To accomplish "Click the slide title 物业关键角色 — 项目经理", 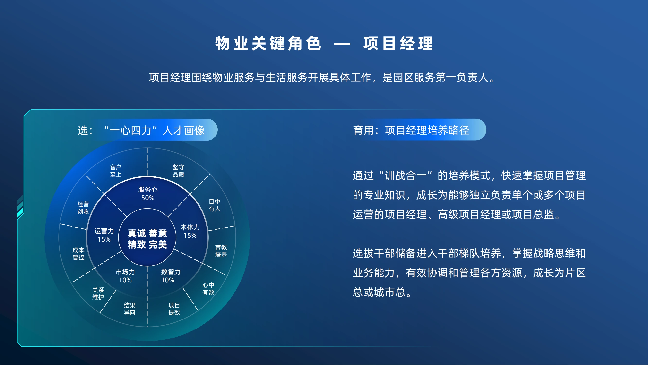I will tap(324, 43).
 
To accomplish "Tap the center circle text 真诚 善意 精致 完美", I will tap(147, 239).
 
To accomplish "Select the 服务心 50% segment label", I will tap(148, 193).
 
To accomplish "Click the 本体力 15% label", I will tap(190, 231).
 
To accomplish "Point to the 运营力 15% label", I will tap(104, 235).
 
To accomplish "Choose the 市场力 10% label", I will tap(125, 276).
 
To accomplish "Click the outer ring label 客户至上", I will tap(116, 171).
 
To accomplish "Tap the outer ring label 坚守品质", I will tap(178, 171).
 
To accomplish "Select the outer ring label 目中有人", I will tap(214, 205).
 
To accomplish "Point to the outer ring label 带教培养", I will tap(221, 251).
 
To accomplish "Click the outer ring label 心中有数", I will tap(208, 288).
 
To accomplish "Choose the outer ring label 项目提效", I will tap(174, 309).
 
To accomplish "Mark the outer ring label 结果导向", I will tap(130, 309).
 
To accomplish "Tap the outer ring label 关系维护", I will tap(98, 293).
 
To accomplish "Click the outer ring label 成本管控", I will tap(78, 254).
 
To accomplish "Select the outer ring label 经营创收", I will tap(83, 208).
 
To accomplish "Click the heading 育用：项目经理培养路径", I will tap(411, 130).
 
